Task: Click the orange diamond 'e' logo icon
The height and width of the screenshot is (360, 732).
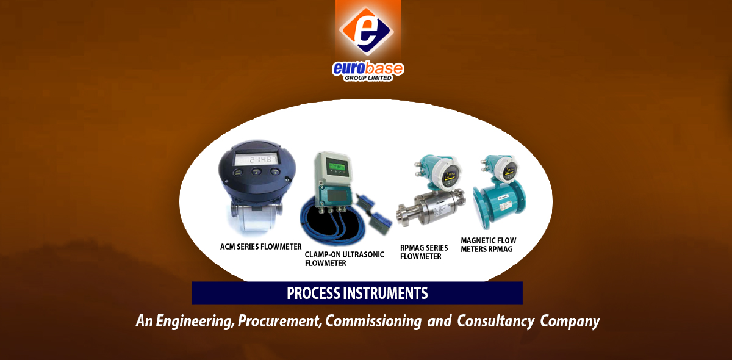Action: pyautogui.click(x=367, y=31)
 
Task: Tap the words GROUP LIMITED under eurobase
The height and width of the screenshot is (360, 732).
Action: pyautogui.click(x=368, y=78)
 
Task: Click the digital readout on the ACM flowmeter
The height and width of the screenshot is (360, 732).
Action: pyautogui.click(x=257, y=160)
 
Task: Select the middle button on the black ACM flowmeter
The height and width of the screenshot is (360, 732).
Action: pyautogui.click(x=256, y=171)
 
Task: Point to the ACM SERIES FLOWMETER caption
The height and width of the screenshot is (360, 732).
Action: pyautogui.click(x=261, y=247)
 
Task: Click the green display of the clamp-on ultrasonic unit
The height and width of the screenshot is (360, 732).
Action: pyautogui.click(x=337, y=167)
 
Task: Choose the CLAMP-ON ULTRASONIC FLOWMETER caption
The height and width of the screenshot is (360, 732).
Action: pyautogui.click(x=345, y=259)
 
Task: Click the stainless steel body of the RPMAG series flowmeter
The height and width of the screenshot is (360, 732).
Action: pyautogui.click(x=431, y=208)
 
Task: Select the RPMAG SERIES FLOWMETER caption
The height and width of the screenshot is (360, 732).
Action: pyautogui.click(x=424, y=252)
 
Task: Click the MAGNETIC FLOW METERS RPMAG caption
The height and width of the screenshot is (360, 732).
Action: pyautogui.click(x=489, y=245)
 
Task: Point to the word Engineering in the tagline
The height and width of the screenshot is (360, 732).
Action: pyautogui.click(x=195, y=321)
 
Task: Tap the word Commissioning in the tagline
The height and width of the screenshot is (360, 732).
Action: pyautogui.click(x=373, y=321)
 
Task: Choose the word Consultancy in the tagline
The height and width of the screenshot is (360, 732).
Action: pyautogui.click(x=496, y=321)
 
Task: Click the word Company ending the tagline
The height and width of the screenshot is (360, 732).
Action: pyautogui.click(x=570, y=321)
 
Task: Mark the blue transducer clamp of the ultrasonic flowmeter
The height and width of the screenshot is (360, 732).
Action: pyautogui.click(x=381, y=219)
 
